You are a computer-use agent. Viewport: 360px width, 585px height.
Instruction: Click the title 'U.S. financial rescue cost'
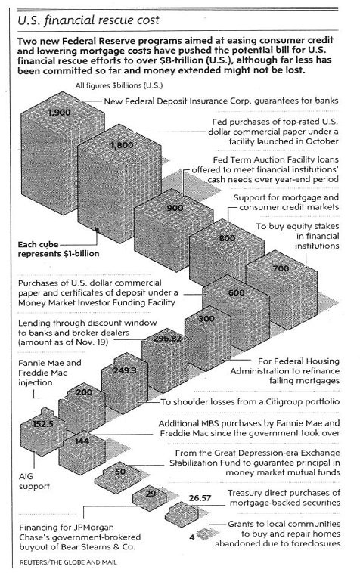point(88,20)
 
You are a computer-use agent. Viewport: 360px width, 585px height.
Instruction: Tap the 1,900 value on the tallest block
point(60,113)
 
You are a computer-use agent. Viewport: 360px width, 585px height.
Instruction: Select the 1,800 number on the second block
point(122,145)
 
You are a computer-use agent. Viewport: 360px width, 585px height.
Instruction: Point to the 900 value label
point(175,208)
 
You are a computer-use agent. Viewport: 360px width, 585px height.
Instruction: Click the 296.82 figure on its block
point(167,339)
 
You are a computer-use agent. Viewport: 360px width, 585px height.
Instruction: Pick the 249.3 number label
point(125,370)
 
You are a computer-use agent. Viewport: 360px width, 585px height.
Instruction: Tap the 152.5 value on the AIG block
point(43,424)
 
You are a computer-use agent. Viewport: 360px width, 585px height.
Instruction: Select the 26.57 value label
point(200,498)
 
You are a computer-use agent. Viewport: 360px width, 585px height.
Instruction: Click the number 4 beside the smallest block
point(192,537)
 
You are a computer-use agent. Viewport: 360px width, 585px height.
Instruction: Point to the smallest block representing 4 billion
point(203,534)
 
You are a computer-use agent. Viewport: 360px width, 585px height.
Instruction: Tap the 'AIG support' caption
point(34,481)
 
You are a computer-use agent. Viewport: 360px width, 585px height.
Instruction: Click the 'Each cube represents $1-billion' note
point(58,249)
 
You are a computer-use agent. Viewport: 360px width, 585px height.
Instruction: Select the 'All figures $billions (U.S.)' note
point(119,86)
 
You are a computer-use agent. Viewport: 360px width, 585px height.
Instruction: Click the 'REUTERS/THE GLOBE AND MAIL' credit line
point(68,562)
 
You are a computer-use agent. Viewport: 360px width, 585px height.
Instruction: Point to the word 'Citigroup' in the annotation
point(285,402)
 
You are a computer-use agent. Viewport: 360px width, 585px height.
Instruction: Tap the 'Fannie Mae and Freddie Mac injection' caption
point(50,373)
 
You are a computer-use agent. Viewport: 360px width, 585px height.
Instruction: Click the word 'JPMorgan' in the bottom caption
point(94,527)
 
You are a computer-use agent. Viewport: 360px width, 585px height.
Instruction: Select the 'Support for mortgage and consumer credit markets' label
point(287,203)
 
